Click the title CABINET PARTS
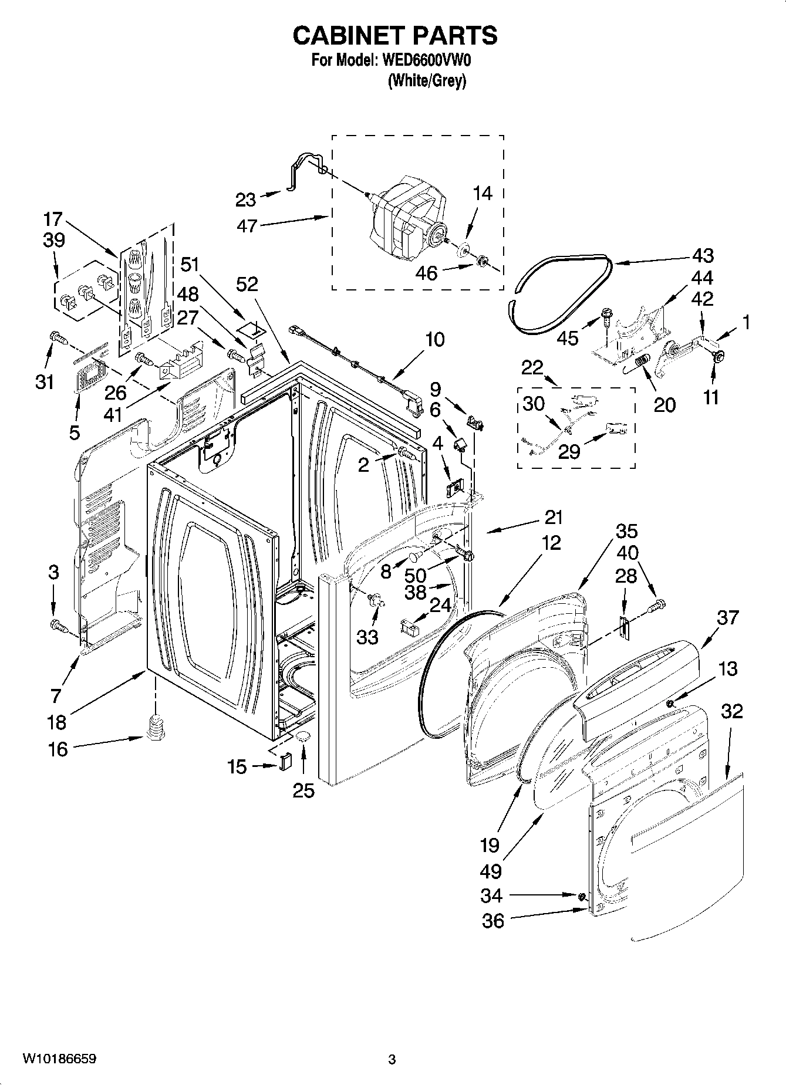pyautogui.click(x=394, y=36)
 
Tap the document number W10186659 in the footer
pyautogui.click(x=59, y=1059)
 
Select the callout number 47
pyautogui.click(x=247, y=225)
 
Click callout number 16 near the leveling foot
pyautogui.click(x=58, y=749)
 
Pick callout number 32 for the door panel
pyautogui.click(x=731, y=711)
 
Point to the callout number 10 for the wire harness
pyautogui.click(x=435, y=339)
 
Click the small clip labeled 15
pyautogui.click(x=285, y=762)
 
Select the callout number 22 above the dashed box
pyautogui.click(x=532, y=368)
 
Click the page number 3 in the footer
pyautogui.click(x=392, y=1059)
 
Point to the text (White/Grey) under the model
pyautogui.click(x=427, y=81)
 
